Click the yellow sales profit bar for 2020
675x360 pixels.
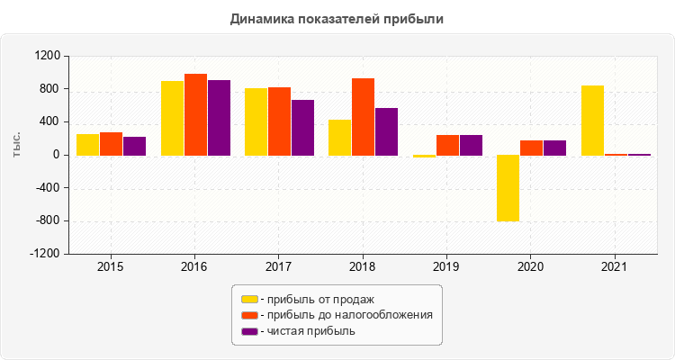(508, 188)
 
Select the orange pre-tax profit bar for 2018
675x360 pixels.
(363, 117)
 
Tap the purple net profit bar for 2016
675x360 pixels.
(219, 118)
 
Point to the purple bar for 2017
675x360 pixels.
(302, 128)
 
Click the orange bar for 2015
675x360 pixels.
(111, 144)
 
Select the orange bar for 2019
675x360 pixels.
(447, 145)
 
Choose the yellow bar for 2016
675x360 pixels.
(172, 118)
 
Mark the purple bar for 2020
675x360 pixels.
(554, 148)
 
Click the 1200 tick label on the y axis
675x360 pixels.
(47, 56)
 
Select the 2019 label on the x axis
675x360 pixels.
(445, 267)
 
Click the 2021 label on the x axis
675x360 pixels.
(614, 267)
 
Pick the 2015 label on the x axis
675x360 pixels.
(110, 267)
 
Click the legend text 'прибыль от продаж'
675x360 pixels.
(319, 299)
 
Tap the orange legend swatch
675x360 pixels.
(249, 315)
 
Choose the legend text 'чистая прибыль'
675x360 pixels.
(310, 331)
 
